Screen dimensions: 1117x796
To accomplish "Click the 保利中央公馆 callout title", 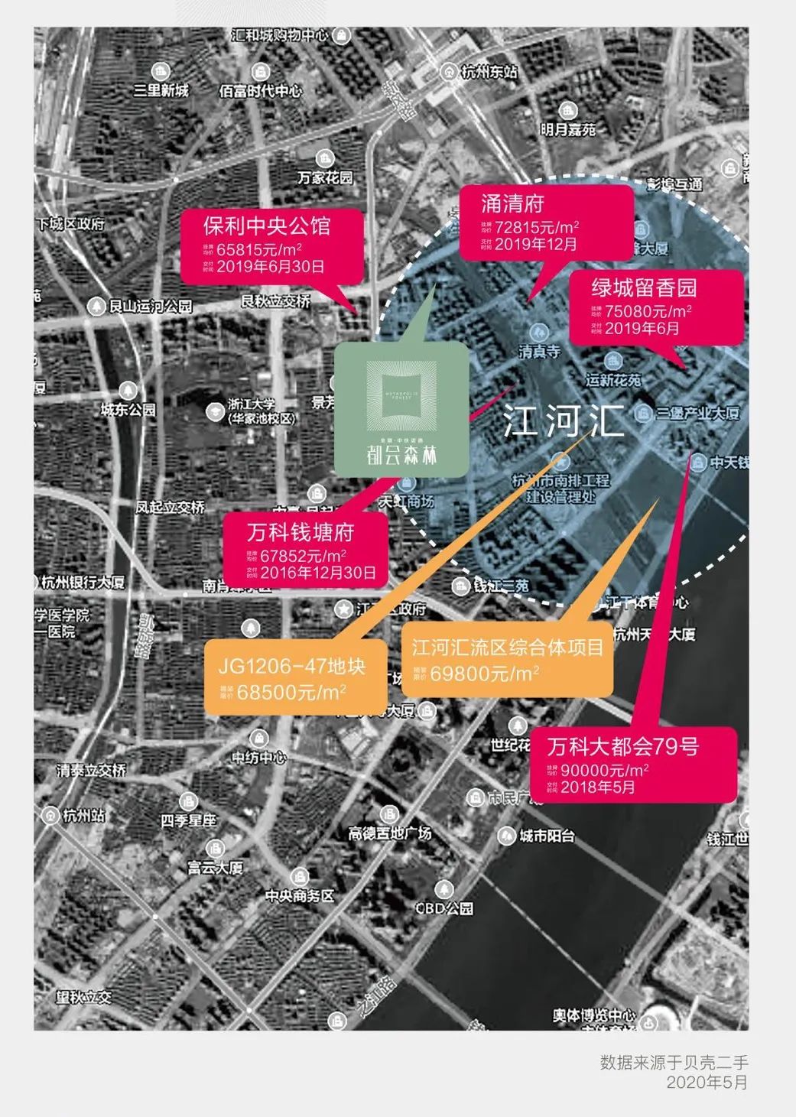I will click(267, 226).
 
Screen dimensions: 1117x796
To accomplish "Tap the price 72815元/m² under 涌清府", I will click(536, 227).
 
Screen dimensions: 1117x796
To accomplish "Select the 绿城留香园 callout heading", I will click(644, 287).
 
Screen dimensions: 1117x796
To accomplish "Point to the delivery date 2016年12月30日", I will click(317, 572).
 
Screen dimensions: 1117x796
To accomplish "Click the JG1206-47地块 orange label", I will click(291, 666).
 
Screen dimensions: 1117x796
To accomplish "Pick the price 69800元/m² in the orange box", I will click(484, 673).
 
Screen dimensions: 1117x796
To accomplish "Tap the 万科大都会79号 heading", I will click(622, 746).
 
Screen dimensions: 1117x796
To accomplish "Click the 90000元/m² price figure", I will click(604, 770).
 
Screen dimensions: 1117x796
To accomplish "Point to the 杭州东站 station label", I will click(489, 72).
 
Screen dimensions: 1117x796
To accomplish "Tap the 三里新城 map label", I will click(161, 90).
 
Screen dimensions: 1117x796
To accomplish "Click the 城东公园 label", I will click(128, 410).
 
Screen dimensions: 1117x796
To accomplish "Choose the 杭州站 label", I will click(83, 815).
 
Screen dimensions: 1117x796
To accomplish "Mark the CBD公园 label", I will click(443, 908).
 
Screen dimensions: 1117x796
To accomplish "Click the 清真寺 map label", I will click(539, 352).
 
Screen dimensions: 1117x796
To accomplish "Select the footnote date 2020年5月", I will click(707, 1082).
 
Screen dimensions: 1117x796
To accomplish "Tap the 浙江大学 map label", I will click(251, 404).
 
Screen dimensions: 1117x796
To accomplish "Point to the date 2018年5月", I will click(597, 787).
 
